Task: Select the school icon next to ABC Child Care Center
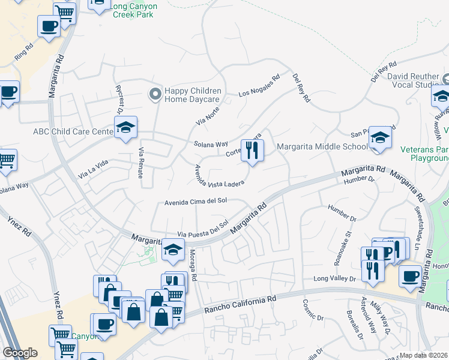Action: point(126,128)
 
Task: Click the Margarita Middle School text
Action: point(322,147)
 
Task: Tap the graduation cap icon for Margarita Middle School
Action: point(380,138)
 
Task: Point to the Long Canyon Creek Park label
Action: point(135,10)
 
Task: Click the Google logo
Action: point(20,353)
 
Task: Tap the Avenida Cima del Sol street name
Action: point(196,203)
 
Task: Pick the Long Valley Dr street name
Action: point(335,279)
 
